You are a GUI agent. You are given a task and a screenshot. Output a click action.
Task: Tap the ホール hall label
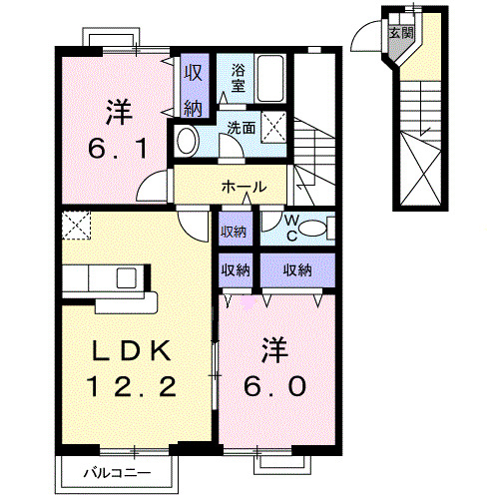(244, 187)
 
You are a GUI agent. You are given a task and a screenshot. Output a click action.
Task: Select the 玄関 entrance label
(399, 33)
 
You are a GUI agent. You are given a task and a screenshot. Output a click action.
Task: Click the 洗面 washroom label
(241, 128)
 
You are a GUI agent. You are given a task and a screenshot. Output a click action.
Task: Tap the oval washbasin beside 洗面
(187, 141)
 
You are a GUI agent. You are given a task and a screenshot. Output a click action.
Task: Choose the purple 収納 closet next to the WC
(236, 231)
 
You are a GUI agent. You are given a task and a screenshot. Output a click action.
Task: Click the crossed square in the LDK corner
(76, 225)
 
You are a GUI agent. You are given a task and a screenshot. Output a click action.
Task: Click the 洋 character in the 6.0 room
(271, 348)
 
